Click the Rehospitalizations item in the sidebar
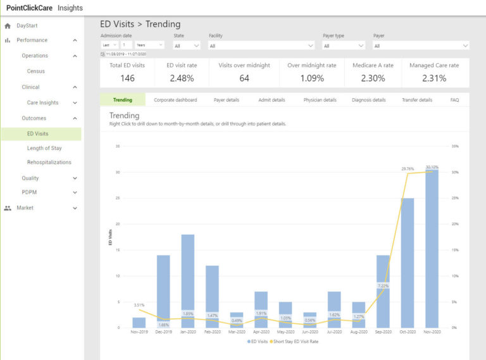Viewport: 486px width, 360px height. point(49,163)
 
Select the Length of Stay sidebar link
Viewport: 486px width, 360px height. point(44,148)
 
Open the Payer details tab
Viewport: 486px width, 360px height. point(227,100)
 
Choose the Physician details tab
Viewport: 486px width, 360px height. point(320,100)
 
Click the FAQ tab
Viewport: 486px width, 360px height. point(454,100)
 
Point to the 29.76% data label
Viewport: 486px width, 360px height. point(408,169)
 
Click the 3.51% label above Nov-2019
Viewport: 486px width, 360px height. point(139,304)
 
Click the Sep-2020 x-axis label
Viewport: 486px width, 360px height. point(383,332)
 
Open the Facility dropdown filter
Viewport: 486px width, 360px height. point(261,46)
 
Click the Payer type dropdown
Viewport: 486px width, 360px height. point(344,46)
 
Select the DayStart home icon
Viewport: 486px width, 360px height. point(8,26)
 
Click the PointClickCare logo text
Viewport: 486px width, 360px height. point(28,8)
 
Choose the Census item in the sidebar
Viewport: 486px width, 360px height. point(36,71)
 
